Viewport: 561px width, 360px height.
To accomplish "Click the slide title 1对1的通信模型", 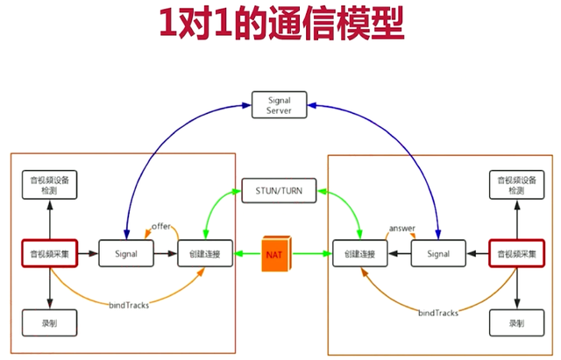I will click(280, 25).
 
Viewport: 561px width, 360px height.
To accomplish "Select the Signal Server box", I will click(278, 105).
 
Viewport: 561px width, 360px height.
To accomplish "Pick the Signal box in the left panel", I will click(126, 254).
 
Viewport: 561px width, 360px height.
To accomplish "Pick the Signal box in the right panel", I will click(437, 254).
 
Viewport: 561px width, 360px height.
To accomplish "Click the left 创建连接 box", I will click(205, 254).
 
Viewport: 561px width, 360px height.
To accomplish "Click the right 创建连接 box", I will click(359, 254).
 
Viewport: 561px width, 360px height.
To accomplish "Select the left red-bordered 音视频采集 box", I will click(50, 254).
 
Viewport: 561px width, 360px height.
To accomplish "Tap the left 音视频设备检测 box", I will click(50, 185).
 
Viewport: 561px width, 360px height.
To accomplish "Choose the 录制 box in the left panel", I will click(50, 323).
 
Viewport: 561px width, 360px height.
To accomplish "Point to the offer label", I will click(161, 226).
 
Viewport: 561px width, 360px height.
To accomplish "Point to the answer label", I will click(401, 228).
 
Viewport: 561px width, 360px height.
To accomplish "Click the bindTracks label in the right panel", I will click(439, 313).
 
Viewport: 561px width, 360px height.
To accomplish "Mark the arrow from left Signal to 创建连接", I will click(166, 254).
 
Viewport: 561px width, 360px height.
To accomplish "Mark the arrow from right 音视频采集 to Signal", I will click(477, 254).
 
